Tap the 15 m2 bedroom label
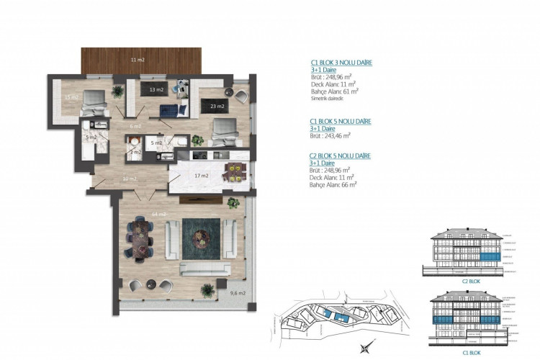tap(70, 96)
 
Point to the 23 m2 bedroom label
tap(215, 107)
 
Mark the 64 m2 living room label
tap(158, 214)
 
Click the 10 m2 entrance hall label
tap(130, 179)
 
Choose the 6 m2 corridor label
tap(135, 126)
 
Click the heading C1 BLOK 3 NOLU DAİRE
tap(341, 63)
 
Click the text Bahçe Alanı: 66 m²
tap(334, 184)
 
